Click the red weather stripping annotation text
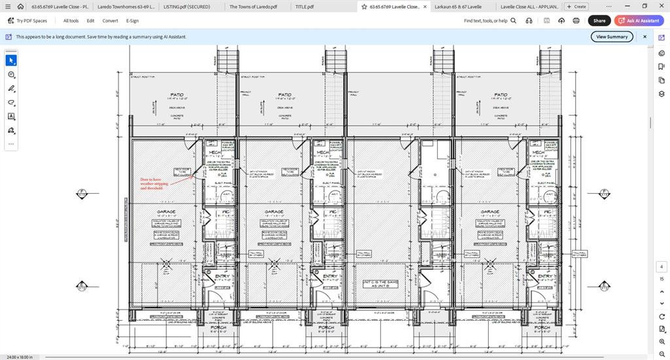(x=154, y=184)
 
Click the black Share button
(x=599, y=20)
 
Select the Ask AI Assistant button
(x=639, y=20)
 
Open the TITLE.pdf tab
(x=304, y=7)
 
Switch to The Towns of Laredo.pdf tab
(x=253, y=7)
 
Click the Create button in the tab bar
(x=576, y=7)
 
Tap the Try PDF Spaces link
(x=27, y=20)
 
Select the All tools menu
(x=71, y=20)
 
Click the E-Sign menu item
(x=132, y=20)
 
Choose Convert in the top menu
(x=110, y=20)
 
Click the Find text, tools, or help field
(x=485, y=20)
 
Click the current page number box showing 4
(x=661, y=267)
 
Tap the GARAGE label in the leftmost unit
(x=166, y=211)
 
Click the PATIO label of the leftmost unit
(x=177, y=94)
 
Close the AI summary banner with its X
(x=644, y=37)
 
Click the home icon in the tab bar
(x=20, y=7)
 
